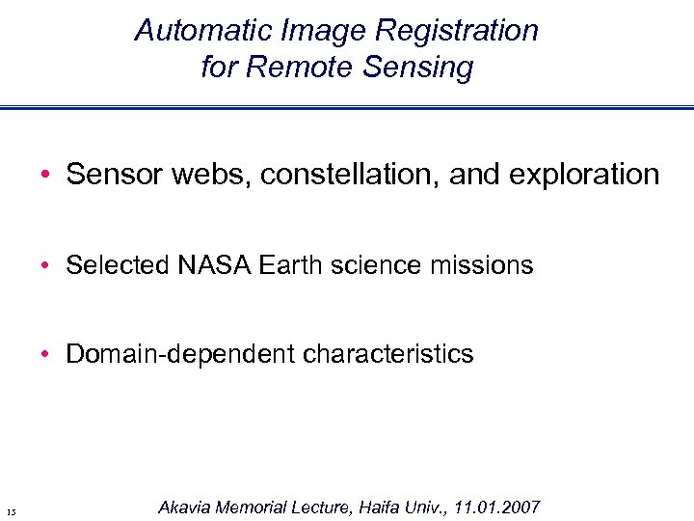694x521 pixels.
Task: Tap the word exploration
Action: [x=582, y=175]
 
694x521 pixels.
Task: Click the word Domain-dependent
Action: [x=180, y=354]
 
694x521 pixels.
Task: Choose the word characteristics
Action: [x=388, y=354]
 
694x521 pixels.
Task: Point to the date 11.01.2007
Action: [x=499, y=507]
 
